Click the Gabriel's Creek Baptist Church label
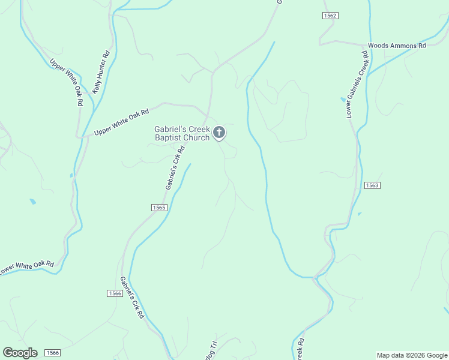(182, 133)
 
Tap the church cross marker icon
(220, 133)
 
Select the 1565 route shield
(158, 208)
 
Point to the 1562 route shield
(330, 16)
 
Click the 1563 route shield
(372, 185)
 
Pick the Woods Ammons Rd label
(396, 46)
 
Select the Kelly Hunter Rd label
(101, 71)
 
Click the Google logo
(20, 353)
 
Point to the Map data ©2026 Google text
(412, 355)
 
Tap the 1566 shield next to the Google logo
(52, 353)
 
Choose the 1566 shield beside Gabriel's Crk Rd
(116, 293)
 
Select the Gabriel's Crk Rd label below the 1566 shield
(132, 298)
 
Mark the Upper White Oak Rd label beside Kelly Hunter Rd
(66, 82)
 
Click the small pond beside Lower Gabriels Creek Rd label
(343, 99)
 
